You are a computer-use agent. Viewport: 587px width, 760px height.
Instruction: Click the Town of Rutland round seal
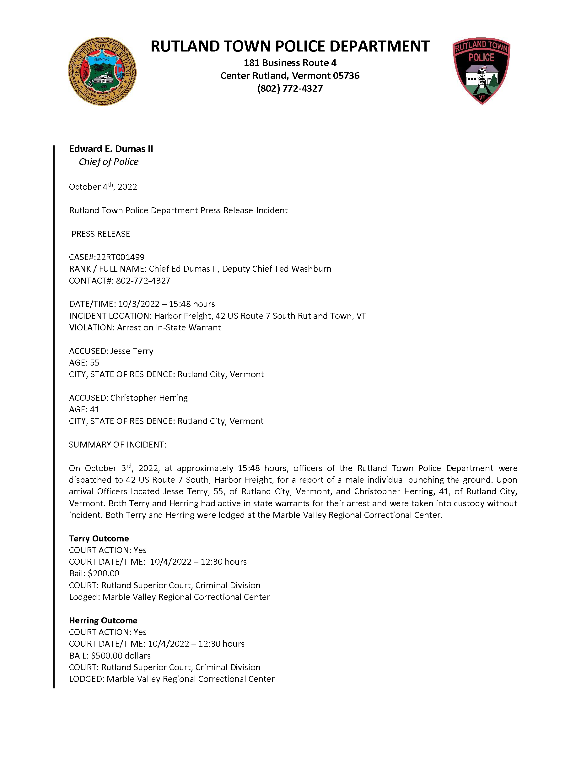point(102,71)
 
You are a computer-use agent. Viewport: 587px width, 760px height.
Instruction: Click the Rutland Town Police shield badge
point(481,71)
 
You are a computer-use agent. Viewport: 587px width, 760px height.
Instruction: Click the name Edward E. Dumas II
point(111,149)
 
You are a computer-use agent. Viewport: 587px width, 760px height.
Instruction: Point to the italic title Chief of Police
point(109,162)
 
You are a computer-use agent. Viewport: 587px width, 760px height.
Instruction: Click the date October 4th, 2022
point(103,187)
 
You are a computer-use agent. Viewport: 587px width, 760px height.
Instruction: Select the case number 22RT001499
point(120,257)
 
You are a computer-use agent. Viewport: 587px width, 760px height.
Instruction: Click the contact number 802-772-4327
point(143,281)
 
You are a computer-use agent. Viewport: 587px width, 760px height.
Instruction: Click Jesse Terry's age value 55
point(94,363)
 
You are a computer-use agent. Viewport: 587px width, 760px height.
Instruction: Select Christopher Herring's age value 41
point(94,410)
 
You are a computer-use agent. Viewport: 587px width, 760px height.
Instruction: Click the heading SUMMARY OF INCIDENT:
point(117,445)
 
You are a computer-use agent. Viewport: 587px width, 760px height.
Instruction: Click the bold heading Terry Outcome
point(99,539)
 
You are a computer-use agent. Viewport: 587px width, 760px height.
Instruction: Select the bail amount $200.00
point(103,573)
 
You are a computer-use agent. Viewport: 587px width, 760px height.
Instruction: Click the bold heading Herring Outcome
point(103,621)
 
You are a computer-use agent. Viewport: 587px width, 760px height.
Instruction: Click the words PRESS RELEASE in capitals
point(100,234)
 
